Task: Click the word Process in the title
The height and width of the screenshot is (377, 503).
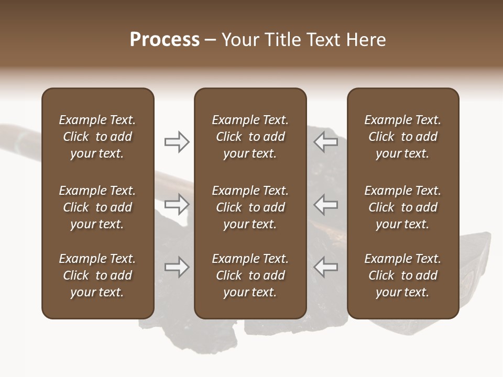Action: pos(165,40)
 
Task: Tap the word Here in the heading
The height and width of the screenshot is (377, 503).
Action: pos(365,40)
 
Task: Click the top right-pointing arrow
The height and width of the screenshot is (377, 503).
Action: pos(177,141)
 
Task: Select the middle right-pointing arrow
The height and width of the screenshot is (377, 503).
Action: pos(177,204)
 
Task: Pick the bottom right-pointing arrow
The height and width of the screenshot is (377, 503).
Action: pos(177,267)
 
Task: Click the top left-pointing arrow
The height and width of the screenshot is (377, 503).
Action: pos(325,141)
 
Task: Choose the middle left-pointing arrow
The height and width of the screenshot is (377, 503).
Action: pos(325,204)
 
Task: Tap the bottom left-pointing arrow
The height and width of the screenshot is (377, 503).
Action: pos(325,267)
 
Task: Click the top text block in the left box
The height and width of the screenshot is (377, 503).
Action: pos(97,137)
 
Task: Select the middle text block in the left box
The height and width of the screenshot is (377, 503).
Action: pos(97,207)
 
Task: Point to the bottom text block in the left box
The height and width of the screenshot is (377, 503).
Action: pos(97,275)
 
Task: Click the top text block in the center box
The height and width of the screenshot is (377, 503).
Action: pos(250,137)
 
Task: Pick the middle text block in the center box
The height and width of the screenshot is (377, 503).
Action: pos(250,207)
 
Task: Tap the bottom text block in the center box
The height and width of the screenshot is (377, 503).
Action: pos(250,275)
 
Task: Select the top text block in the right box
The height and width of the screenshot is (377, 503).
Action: pos(403,137)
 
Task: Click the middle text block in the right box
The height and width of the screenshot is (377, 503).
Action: pos(403,207)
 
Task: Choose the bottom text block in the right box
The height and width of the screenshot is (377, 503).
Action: pos(403,275)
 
